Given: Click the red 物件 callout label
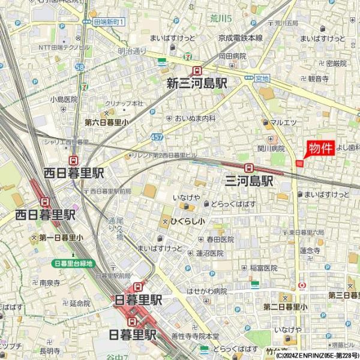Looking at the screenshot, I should click(x=320, y=148).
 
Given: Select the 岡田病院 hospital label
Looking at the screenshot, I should click(x=232, y=56).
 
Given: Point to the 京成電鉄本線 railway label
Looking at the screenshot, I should click(x=241, y=37).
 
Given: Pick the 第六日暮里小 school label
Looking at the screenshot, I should click(x=107, y=122).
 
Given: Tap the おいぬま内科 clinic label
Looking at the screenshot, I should click(x=196, y=118).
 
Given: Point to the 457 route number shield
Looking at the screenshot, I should click(x=157, y=137).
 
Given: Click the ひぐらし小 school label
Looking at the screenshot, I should click(x=187, y=221).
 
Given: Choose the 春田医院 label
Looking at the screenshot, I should click(x=220, y=239).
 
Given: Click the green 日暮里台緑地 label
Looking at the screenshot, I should click(x=73, y=263).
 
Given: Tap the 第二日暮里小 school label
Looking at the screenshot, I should click(x=285, y=307).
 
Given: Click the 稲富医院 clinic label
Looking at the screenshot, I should click(x=263, y=268).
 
